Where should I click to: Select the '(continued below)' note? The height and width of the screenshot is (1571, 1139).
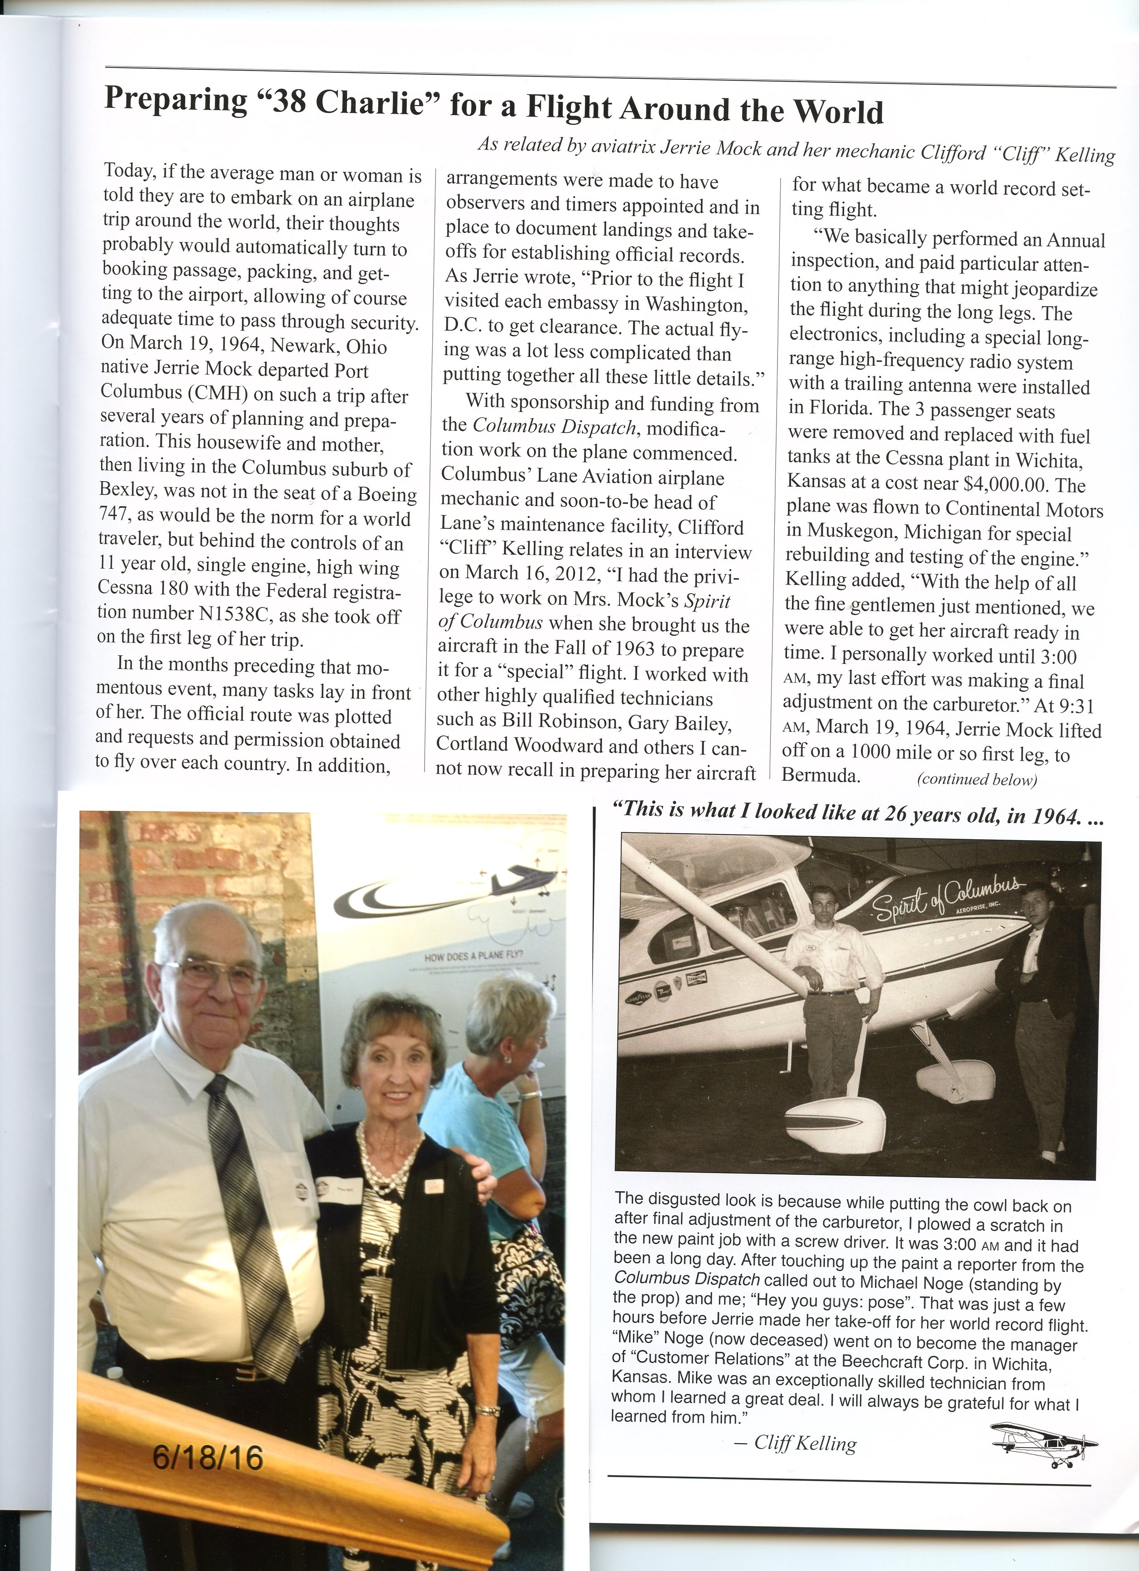[x=976, y=780]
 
